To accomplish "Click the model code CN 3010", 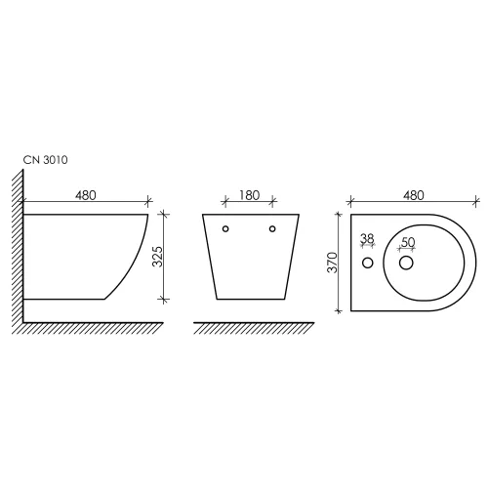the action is coord(45,160).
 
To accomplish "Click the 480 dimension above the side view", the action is coord(86,195).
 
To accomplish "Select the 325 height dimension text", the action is coord(157,257).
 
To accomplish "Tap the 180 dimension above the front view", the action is coord(250,195).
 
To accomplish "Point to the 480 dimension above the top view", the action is coord(414,195).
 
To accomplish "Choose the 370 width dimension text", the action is coord(333,263).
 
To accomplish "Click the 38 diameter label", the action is coord(368,239).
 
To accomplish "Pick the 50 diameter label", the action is coord(408,242).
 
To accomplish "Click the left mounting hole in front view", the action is coord(225,228).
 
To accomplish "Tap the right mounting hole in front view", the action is coord(272,228).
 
